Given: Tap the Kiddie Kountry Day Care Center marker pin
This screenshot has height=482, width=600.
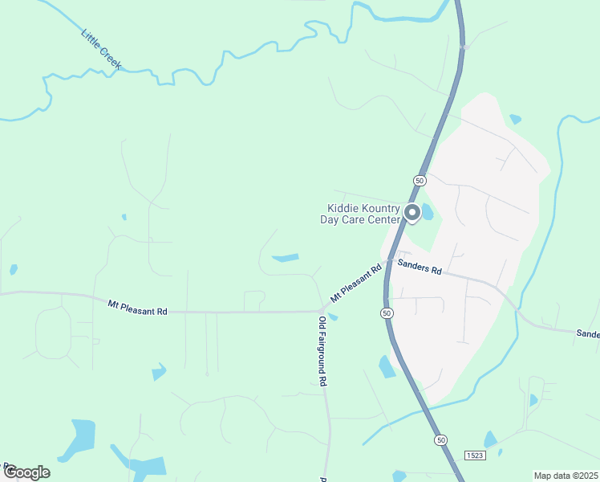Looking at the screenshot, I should pos(412,213).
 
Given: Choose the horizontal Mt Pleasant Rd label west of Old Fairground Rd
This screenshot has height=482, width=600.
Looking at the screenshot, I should pos(137,307).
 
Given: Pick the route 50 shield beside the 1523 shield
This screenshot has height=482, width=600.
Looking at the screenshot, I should pos(440,439).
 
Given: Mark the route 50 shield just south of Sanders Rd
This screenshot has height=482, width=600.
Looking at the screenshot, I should pos(387,312).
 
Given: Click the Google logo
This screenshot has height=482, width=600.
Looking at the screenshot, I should pos(26,472).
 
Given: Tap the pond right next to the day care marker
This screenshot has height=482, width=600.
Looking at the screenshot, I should pos(428,213).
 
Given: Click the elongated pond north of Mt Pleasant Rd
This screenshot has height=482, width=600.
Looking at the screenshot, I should pos(285,258).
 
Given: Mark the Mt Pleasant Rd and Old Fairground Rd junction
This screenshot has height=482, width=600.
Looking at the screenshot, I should pos(322,310).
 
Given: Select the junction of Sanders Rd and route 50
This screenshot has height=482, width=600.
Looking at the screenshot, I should pos(387,262).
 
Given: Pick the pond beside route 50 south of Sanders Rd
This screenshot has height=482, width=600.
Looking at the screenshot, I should pos(387,367).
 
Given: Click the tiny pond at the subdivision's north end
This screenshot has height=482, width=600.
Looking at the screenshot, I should pos(514,119).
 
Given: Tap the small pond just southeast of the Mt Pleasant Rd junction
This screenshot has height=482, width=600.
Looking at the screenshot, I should pos(333,317).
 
